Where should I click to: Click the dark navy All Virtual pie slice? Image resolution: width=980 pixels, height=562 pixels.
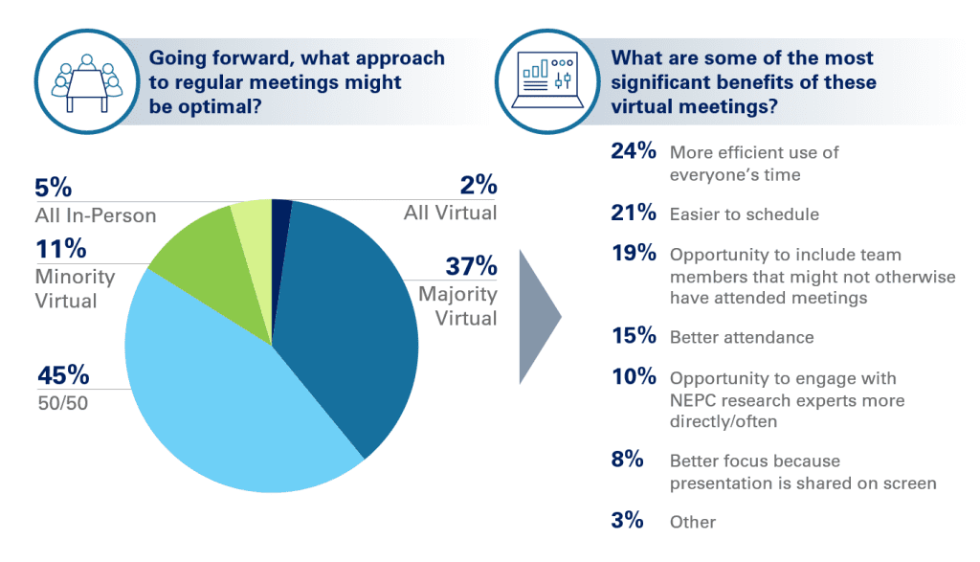coord(281,215)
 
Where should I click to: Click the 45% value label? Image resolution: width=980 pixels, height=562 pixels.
coord(63,374)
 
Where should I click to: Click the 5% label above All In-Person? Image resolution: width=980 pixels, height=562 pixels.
coord(53,187)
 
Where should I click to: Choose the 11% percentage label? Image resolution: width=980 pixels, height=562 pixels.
coord(61,250)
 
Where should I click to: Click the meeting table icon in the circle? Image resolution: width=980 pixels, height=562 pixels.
coord(84,75)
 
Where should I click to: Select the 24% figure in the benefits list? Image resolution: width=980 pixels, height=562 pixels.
coord(633,151)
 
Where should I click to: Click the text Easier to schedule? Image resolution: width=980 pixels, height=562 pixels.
coord(744,214)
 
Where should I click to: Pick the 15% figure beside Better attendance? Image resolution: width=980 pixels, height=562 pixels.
coord(633,336)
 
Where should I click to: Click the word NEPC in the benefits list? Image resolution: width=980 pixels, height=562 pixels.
coord(696,400)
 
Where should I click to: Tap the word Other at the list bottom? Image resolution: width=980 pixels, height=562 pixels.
coord(693,522)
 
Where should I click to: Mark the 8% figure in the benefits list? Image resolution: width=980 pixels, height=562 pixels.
coord(627,460)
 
